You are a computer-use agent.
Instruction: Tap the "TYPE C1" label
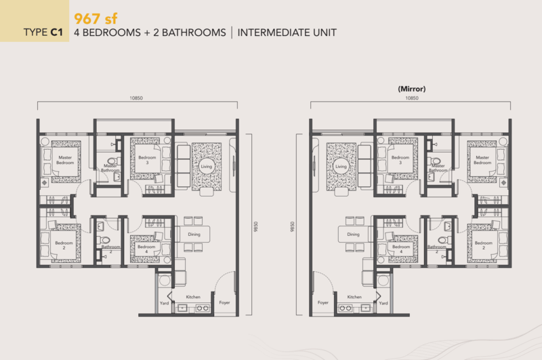click(x=43, y=32)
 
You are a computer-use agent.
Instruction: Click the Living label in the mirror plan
click(x=341, y=166)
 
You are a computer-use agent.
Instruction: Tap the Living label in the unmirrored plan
click(x=205, y=166)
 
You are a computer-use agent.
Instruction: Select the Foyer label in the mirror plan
click(x=322, y=303)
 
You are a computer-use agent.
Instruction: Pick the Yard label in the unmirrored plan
click(x=164, y=303)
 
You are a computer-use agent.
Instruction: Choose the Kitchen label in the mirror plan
click(x=354, y=297)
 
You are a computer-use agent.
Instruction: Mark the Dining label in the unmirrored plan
click(x=194, y=235)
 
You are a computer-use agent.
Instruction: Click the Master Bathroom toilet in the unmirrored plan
click(x=112, y=162)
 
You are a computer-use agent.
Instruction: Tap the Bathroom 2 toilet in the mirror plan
click(x=443, y=240)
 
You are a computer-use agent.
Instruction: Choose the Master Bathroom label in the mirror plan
click(x=438, y=168)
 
